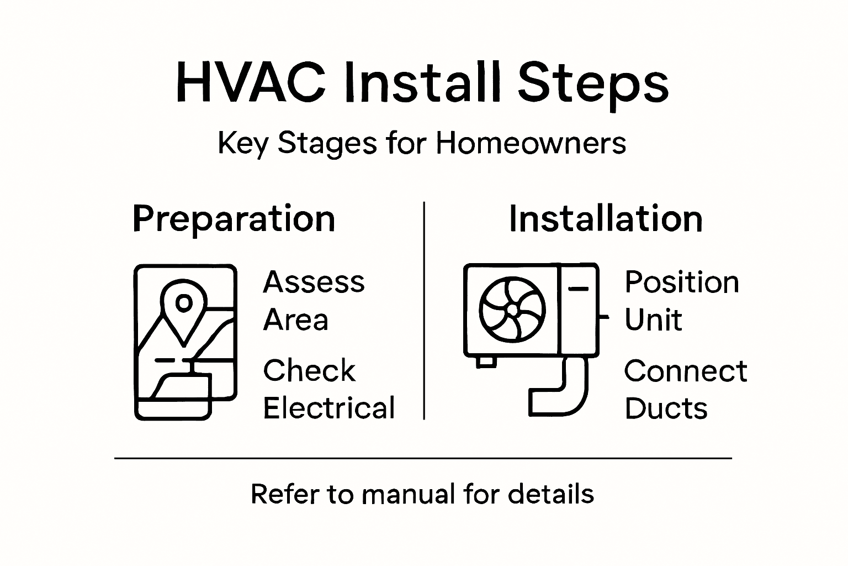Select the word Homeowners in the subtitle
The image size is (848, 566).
(531, 143)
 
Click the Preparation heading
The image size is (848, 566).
(234, 219)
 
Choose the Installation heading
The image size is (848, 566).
(606, 219)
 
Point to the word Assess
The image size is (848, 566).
(314, 282)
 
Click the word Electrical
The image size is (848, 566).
(329, 408)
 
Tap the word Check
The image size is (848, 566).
(309, 370)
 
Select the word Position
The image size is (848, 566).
(681, 282)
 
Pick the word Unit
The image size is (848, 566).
(653, 320)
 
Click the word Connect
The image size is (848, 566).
(686, 370)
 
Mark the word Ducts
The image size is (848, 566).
(666, 408)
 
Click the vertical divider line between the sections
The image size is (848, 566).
(423, 310)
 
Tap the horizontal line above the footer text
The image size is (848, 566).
(423, 458)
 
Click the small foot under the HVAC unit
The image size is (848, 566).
(485, 361)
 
